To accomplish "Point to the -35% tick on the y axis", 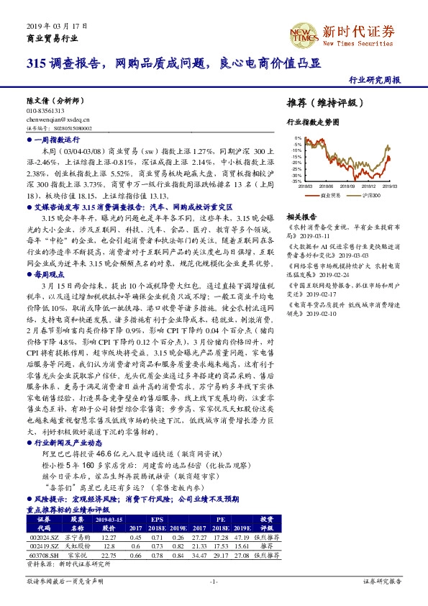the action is click(x=296, y=181).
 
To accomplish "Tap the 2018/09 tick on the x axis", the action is click(x=349, y=186).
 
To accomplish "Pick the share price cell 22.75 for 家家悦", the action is click(x=109, y=554).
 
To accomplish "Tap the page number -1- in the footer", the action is click(x=214, y=580).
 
